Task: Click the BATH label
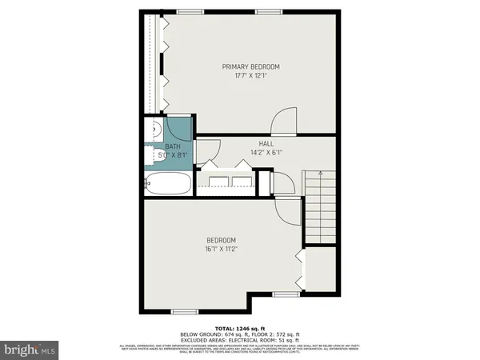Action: click(173, 146)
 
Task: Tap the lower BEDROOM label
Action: click(221, 240)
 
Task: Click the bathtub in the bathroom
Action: click(169, 184)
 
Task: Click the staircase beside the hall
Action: click(318, 208)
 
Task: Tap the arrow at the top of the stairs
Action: click(318, 173)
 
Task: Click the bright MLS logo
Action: click(30, 349)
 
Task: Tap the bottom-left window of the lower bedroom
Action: click(184, 310)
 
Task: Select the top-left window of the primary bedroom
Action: click(190, 11)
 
